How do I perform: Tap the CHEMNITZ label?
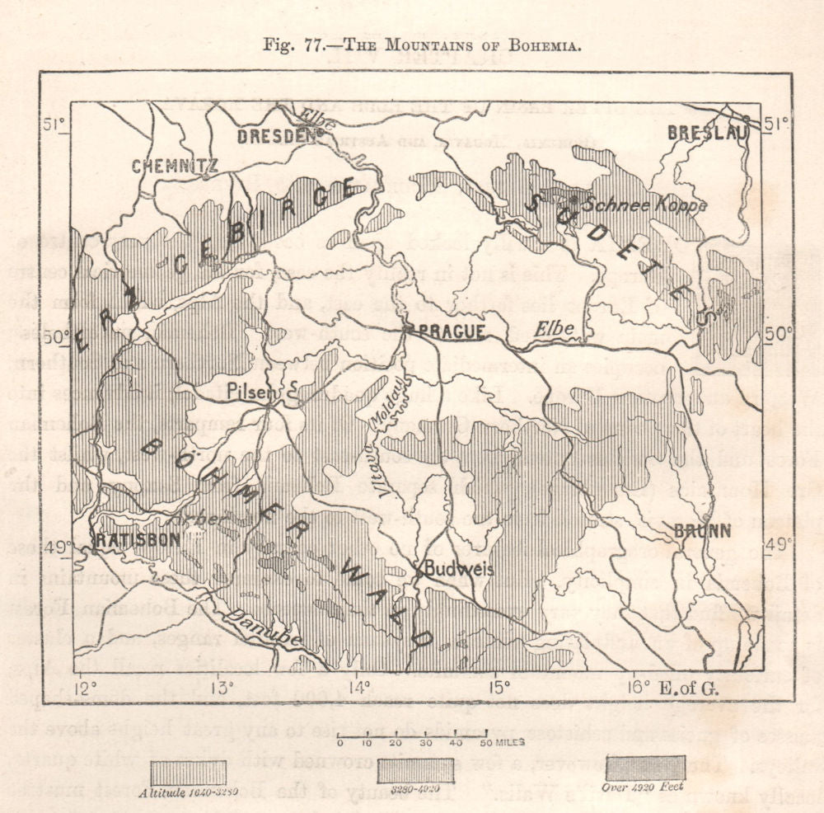[x=175, y=167]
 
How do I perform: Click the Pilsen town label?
[x=254, y=392]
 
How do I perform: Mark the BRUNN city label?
[x=703, y=532]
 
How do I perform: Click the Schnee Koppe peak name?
[x=644, y=205]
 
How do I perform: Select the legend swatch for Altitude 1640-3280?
[x=190, y=771]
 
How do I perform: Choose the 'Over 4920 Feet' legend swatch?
[x=645, y=767]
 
